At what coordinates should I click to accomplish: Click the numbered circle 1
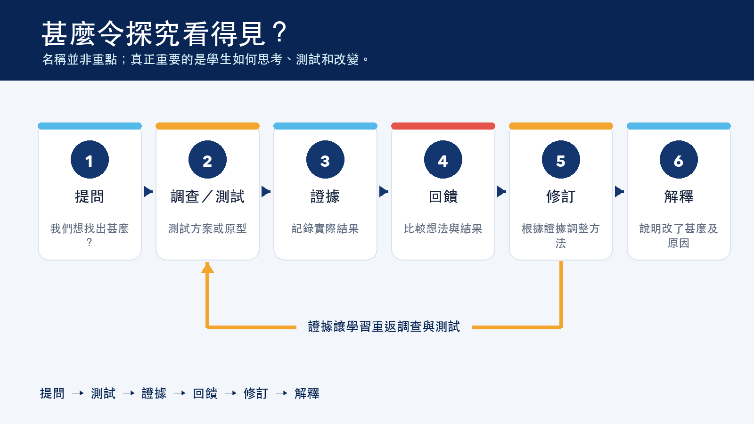pyautogui.click(x=90, y=160)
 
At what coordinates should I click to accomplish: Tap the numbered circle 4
pyautogui.click(x=443, y=160)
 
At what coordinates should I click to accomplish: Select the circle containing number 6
pyautogui.click(x=679, y=160)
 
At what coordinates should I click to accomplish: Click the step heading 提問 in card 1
pyautogui.click(x=90, y=196)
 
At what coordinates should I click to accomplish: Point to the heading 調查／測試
pyautogui.click(x=207, y=196)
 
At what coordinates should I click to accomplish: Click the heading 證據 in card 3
pyautogui.click(x=325, y=196)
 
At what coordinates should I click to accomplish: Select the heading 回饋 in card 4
pyautogui.click(x=443, y=196)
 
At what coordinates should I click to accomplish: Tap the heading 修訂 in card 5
pyautogui.click(x=561, y=196)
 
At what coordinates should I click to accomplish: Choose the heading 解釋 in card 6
pyautogui.click(x=679, y=196)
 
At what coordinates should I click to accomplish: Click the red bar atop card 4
pyautogui.click(x=443, y=126)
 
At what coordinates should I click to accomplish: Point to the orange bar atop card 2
pyautogui.click(x=207, y=126)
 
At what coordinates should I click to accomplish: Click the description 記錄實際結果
pyautogui.click(x=325, y=229)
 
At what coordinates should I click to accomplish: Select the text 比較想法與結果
pyautogui.click(x=443, y=229)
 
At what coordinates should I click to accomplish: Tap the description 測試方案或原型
pyautogui.click(x=207, y=229)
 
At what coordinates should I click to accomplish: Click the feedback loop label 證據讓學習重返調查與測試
pyautogui.click(x=384, y=326)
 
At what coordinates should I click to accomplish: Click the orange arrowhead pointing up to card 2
pyautogui.click(x=207, y=268)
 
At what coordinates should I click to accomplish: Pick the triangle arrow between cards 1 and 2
pyautogui.click(x=148, y=191)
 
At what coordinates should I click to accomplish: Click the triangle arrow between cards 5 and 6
pyautogui.click(x=619, y=191)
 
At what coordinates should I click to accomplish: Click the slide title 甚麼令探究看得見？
pyautogui.click(x=164, y=33)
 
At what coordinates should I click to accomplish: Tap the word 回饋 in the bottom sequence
pyautogui.click(x=205, y=393)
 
